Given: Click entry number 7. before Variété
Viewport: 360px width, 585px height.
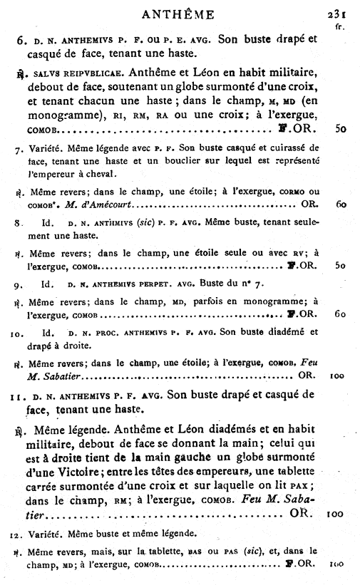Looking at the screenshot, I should tap(19, 150).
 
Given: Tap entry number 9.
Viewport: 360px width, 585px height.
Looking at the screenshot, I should tap(19, 286).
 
